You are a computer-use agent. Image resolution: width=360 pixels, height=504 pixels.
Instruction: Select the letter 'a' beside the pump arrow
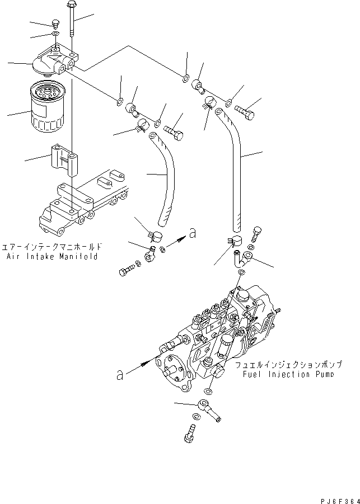[119, 376]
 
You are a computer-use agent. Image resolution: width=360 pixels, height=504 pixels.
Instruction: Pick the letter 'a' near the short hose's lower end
[193, 235]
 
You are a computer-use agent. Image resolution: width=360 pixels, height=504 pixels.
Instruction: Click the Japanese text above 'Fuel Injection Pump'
[284, 365]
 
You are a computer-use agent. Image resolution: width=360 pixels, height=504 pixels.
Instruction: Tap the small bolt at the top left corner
[55, 24]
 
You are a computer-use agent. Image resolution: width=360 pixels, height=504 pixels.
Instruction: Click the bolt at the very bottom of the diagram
[188, 433]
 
